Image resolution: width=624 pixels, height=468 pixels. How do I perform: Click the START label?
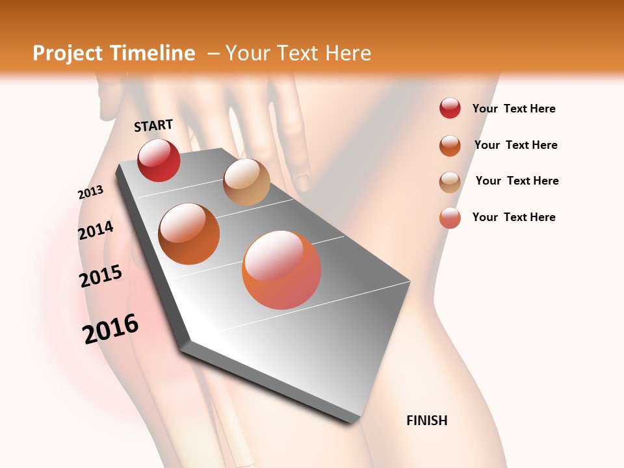(x=153, y=125)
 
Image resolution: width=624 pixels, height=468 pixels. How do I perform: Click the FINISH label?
(x=426, y=421)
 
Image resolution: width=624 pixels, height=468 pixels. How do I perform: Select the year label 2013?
(x=90, y=192)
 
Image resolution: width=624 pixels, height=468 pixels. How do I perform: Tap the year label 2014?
(x=96, y=231)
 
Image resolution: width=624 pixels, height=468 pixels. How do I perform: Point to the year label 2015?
(x=101, y=276)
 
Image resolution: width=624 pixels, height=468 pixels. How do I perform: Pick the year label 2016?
(x=110, y=329)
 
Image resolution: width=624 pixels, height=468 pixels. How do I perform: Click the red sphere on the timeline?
(x=159, y=160)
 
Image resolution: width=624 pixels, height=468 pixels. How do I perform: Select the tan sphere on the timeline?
(x=246, y=182)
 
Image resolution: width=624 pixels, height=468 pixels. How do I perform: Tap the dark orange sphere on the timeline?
(x=189, y=234)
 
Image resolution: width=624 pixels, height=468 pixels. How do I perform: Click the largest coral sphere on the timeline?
(x=281, y=270)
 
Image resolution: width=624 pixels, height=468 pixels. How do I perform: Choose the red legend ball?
(x=450, y=108)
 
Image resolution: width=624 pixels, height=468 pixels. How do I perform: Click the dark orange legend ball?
(x=450, y=146)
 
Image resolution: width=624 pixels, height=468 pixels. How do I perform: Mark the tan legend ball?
(x=450, y=182)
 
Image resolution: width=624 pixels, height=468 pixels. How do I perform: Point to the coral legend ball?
(x=450, y=218)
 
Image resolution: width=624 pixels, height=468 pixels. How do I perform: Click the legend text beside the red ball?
(x=513, y=109)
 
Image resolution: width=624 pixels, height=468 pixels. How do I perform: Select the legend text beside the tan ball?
(x=517, y=181)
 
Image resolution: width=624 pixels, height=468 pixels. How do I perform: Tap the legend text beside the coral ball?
(x=513, y=217)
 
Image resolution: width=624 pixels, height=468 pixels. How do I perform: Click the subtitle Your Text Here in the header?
(x=298, y=53)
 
